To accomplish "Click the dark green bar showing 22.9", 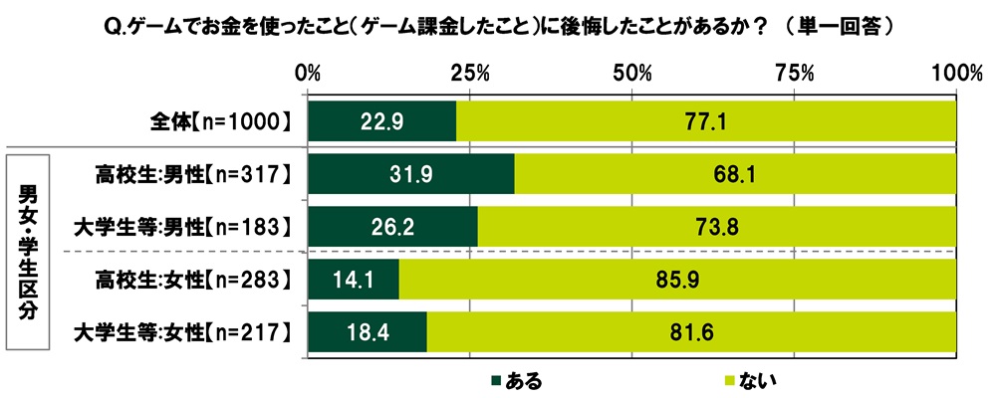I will (x=382, y=121).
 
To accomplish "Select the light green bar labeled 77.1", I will (x=706, y=121).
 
